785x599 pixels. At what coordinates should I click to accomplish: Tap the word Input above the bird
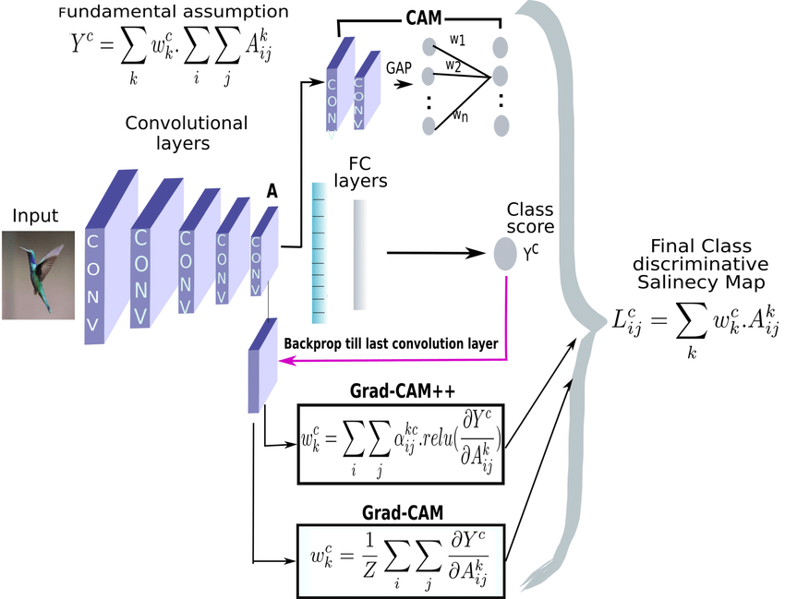point(35,216)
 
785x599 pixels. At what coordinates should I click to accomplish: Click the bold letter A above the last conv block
point(272,191)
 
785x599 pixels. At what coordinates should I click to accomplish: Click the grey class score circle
point(505,253)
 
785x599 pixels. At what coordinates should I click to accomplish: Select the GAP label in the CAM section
point(399,67)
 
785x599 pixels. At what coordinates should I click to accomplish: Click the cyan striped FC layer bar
point(320,251)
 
